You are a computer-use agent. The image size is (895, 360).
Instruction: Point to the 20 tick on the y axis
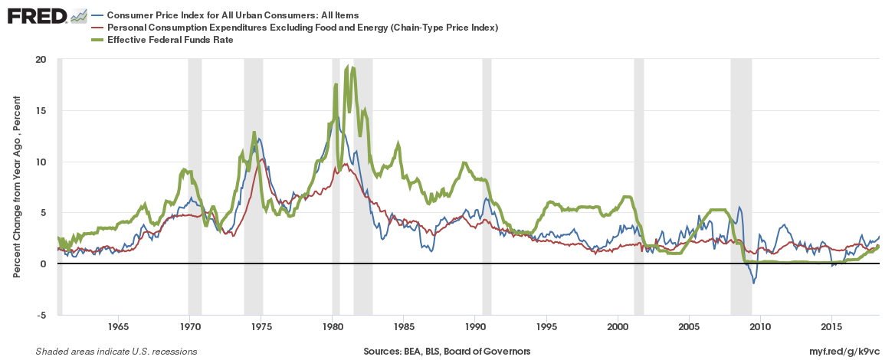pyautogui.click(x=41, y=60)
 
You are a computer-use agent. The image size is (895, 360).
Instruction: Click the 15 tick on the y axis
pyautogui.click(x=41, y=111)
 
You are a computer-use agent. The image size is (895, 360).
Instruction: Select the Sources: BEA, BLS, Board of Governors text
pyautogui.click(x=447, y=352)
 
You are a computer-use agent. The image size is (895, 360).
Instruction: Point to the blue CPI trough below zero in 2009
pyautogui.click(x=753, y=283)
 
